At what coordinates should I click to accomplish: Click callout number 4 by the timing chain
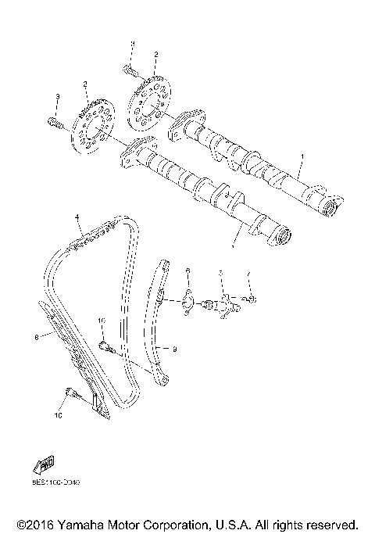point(77,215)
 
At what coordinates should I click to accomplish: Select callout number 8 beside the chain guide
point(36,338)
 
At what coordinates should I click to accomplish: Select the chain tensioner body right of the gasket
point(226,302)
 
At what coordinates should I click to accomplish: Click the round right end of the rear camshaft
point(330,208)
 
